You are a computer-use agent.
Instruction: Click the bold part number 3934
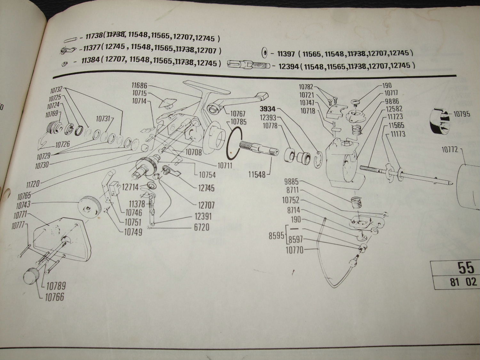[268, 109]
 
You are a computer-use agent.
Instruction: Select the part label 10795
[462, 114]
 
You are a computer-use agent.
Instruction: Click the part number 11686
[139, 85]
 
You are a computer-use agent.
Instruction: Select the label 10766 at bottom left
[54, 297]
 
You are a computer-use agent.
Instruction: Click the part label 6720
[202, 227]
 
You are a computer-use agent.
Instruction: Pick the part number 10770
[294, 250]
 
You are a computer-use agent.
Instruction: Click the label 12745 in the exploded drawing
[206, 188]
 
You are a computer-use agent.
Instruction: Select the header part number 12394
[289, 66]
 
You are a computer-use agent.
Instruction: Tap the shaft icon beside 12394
[248, 65]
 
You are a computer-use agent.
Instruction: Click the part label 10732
[55, 90]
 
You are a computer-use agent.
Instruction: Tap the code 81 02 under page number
[463, 282]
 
